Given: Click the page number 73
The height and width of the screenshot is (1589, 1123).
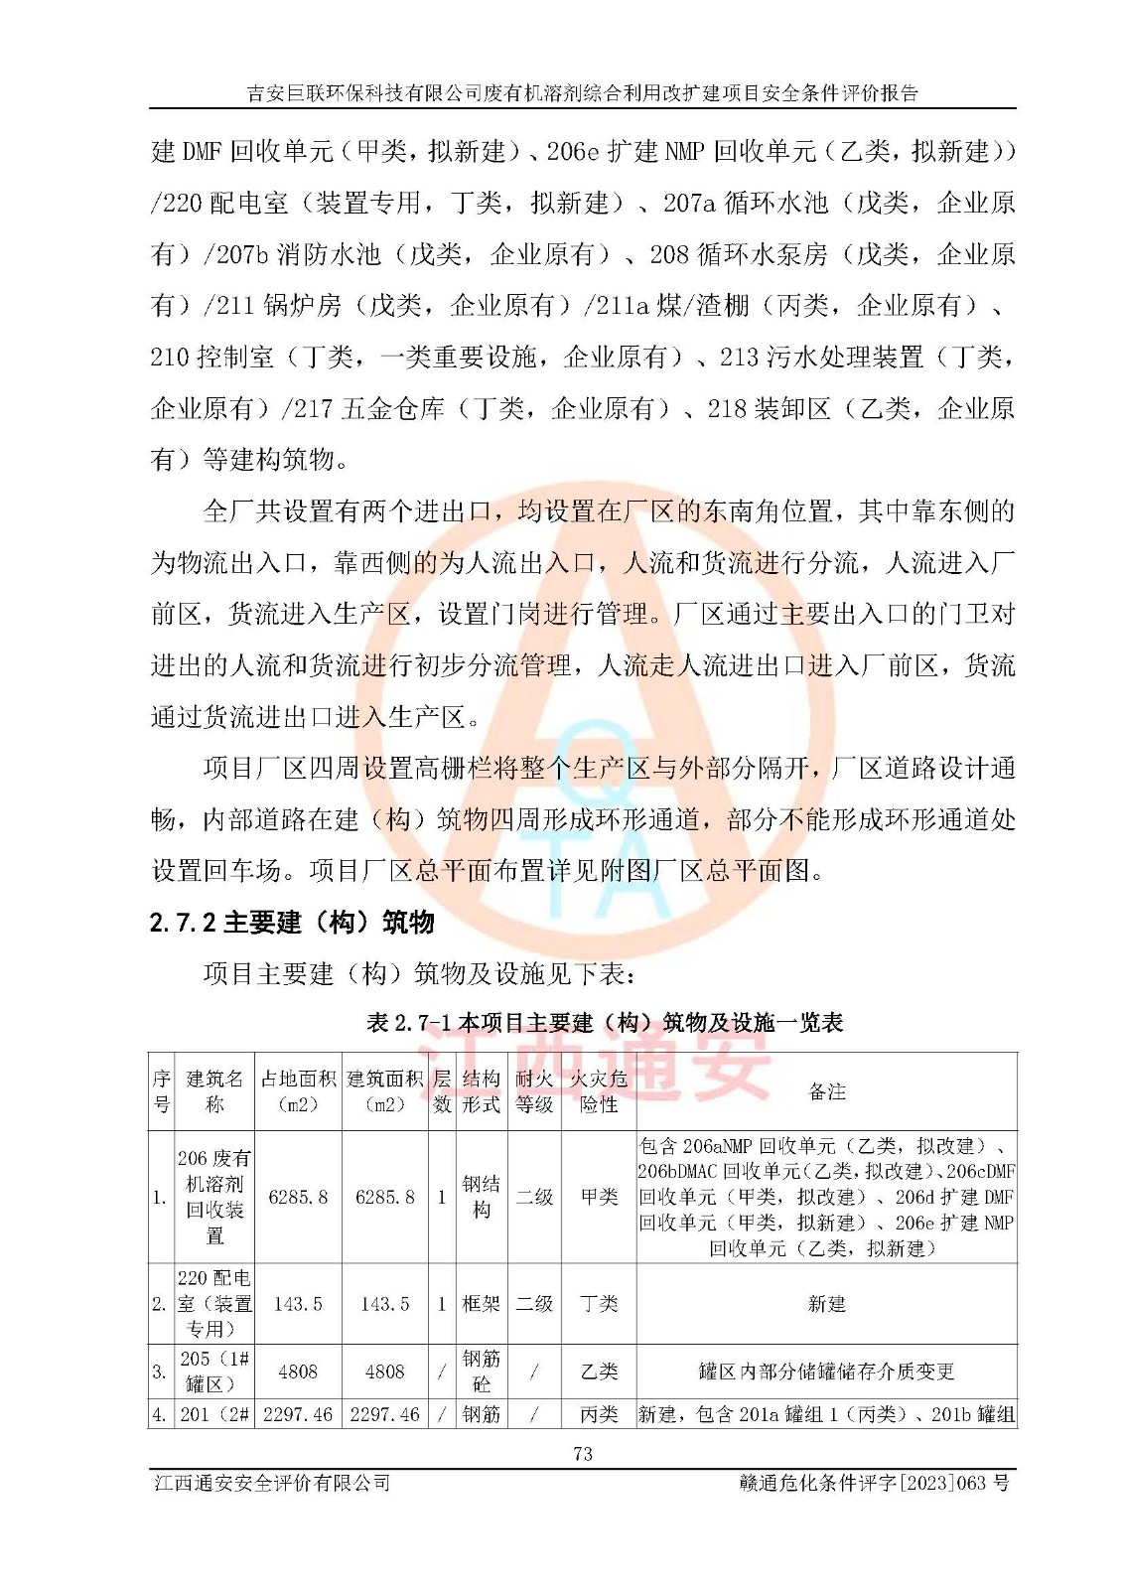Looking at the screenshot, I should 583,1454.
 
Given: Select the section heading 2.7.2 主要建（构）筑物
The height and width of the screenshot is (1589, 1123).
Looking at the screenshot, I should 292,923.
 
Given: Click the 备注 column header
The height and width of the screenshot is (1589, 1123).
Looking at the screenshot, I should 826,1091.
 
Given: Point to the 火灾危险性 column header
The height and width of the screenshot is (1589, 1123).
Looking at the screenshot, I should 599,1091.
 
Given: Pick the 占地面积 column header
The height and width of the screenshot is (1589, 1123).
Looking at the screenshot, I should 298,1091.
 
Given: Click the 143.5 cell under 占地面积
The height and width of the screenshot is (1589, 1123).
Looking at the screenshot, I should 298,1304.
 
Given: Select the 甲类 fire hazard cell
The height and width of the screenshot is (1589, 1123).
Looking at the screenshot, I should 599,1198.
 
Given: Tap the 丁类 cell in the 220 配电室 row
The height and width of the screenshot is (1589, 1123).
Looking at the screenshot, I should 599,1304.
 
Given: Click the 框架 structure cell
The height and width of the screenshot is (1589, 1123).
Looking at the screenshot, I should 482,1304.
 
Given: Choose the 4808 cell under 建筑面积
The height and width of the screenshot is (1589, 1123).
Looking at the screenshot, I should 384,1372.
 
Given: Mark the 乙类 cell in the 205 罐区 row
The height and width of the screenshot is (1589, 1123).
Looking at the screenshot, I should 599,1372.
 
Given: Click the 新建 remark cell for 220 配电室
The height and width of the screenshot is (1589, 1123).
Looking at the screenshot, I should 826,1304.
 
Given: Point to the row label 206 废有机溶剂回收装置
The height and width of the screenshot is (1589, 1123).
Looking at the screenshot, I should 214,1198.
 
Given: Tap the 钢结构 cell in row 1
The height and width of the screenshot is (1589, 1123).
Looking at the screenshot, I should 482,1198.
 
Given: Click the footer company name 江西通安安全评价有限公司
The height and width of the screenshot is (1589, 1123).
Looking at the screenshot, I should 272,1483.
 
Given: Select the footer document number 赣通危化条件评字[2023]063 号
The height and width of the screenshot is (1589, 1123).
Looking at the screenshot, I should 874,1483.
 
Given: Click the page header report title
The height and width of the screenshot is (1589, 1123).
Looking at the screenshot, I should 583,93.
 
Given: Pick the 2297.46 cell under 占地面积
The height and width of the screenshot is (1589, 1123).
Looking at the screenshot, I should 298,1414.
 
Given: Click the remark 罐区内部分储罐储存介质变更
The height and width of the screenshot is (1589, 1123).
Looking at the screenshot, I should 826,1372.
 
